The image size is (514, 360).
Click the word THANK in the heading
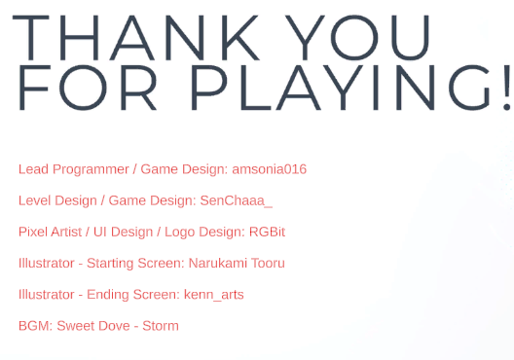[136, 38]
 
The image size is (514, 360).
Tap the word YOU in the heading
[357, 38]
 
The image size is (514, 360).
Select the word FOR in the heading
[88, 88]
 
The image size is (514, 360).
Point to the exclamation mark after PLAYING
[506, 88]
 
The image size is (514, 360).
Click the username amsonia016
[269, 169]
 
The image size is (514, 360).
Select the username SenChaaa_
[236, 200]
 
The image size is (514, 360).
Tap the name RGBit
[267, 232]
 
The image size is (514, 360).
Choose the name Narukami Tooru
[237, 263]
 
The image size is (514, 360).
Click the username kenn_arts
[214, 295]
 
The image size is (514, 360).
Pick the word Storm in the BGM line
[161, 326]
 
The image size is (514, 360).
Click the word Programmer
[91, 169]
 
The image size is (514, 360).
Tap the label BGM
[35, 326]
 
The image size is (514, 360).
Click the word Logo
[180, 233]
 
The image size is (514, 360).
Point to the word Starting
[110, 264]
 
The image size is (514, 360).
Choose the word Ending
[107, 295]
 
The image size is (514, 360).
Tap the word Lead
[33, 169]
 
